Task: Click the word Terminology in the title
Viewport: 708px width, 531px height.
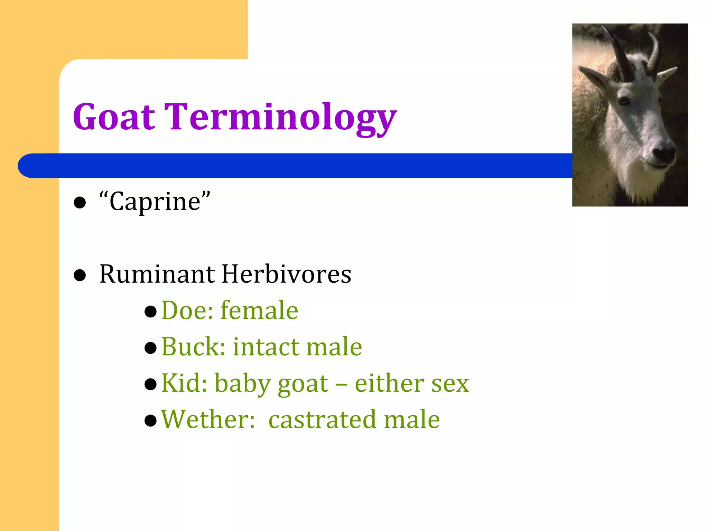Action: pyautogui.click(x=280, y=118)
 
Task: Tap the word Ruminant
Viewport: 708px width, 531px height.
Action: pyautogui.click(x=157, y=274)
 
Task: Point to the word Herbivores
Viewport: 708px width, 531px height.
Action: pyautogui.click(x=286, y=274)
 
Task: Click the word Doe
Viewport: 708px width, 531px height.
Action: pyautogui.click(x=187, y=310)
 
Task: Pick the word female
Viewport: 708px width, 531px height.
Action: pyautogui.click(x=259, y=310)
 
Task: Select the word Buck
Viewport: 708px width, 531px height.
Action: pyautogui.click(x=193, y=347)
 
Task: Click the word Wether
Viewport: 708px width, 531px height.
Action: pyautogui.click(x=207, y=419)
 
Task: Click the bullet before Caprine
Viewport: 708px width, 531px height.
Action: pyautogui.click(x=80, y=203)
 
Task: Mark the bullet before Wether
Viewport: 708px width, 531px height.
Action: pyautogui.click(x=151, y=421)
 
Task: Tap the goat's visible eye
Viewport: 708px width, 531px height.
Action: pyautogui.click(x=623, y=101)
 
